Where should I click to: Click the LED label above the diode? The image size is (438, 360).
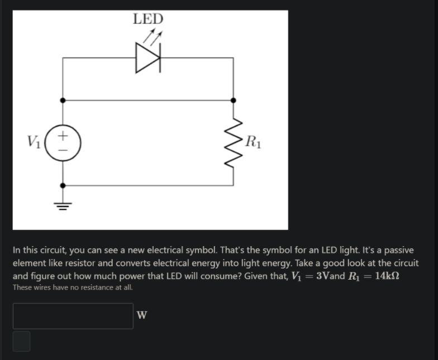tap(148, 19)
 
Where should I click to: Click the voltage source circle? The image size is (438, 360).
tap(63, 142)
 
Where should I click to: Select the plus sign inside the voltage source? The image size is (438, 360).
tap(63, 135)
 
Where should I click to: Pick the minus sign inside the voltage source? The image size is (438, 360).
tap(63, 150)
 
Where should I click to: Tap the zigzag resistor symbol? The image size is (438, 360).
tap(234, 143)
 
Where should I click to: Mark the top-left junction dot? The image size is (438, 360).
tap(63, 100)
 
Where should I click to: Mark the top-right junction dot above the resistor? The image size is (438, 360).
tap(234, 100)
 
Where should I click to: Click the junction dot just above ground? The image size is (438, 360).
tap(63, 185)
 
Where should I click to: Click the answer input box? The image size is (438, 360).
tap(73, 316)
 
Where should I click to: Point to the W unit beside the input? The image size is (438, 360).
tap(142, 316)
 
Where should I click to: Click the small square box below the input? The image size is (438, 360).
tap(21, 341)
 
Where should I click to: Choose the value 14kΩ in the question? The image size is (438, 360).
tap(384, 277)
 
